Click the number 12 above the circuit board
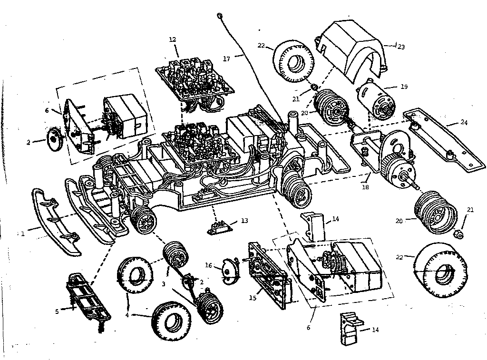172,39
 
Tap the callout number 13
244,221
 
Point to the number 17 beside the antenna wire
227,58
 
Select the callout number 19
404,87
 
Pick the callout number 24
464,123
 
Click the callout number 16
208,265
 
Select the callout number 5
57,311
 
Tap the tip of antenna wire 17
220,16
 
